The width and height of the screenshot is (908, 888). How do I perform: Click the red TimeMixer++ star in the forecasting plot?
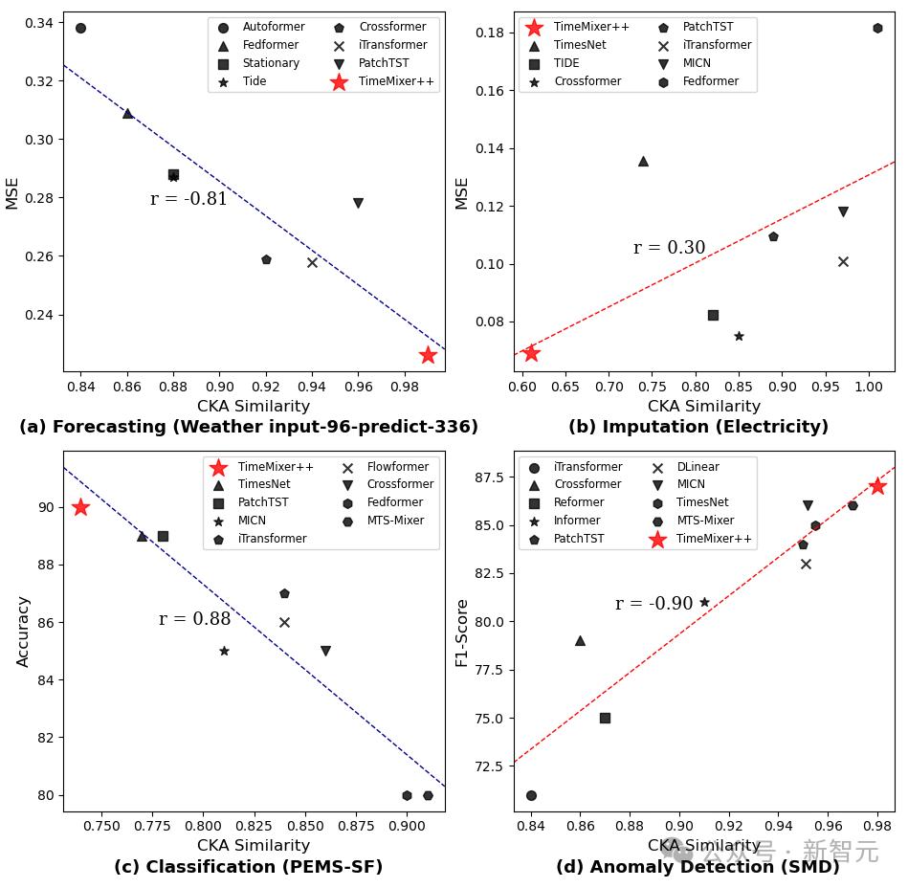coord(428,355)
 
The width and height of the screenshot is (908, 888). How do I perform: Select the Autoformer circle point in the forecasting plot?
coord(80,28)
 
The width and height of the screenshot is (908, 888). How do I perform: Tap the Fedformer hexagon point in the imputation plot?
coord(877,28)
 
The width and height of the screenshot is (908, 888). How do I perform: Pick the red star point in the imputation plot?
coord(531,353)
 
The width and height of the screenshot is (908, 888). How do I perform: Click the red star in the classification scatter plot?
coord(80,507)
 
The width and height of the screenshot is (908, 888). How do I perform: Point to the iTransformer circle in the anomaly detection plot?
coord(531,795)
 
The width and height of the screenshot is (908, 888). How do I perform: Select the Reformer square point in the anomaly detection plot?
coord(605,718)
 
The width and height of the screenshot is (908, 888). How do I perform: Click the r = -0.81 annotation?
coord(188,199)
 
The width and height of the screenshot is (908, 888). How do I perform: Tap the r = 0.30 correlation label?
coord(669,248)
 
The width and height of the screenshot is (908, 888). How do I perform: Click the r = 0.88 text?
coord(194,619)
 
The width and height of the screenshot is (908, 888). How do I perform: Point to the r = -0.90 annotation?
coord(653,604)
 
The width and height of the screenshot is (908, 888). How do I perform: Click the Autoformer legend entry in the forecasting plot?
coord(273,27)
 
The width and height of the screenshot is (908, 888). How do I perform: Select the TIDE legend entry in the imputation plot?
coord(567,63)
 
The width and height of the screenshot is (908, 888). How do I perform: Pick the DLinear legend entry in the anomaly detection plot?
coord(698,467)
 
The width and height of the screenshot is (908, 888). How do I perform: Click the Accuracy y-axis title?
coord(24,632)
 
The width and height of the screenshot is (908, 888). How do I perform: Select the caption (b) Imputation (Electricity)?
coord(698,427)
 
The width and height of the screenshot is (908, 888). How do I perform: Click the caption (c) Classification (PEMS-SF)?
coord(248,867)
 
